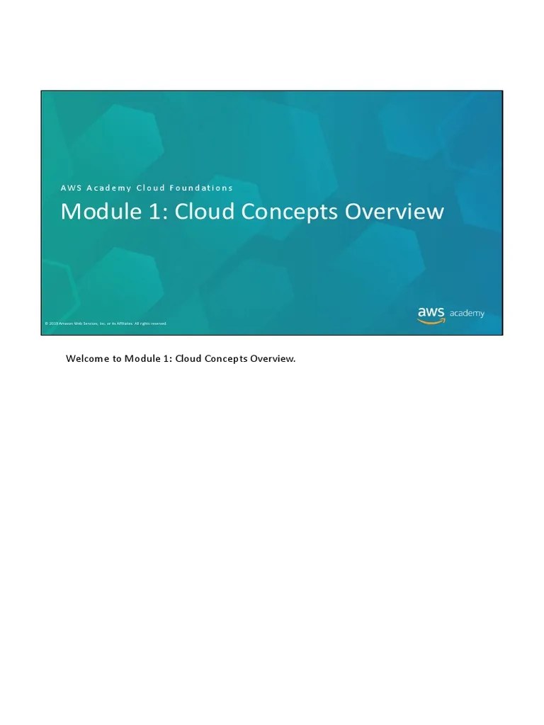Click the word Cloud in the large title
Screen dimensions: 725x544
coord(200,212)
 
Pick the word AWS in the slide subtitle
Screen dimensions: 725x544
coord(70,188)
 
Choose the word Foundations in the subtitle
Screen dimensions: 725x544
coord(201,188)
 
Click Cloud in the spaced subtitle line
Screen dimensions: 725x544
coord(150,188)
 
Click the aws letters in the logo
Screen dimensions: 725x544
coord(431,312)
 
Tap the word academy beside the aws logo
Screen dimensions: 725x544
coord(467,314)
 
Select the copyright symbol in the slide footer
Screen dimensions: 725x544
coord(46,324)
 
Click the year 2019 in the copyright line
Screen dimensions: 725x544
coord(53,324)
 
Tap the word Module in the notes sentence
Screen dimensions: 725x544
coord(141,359)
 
